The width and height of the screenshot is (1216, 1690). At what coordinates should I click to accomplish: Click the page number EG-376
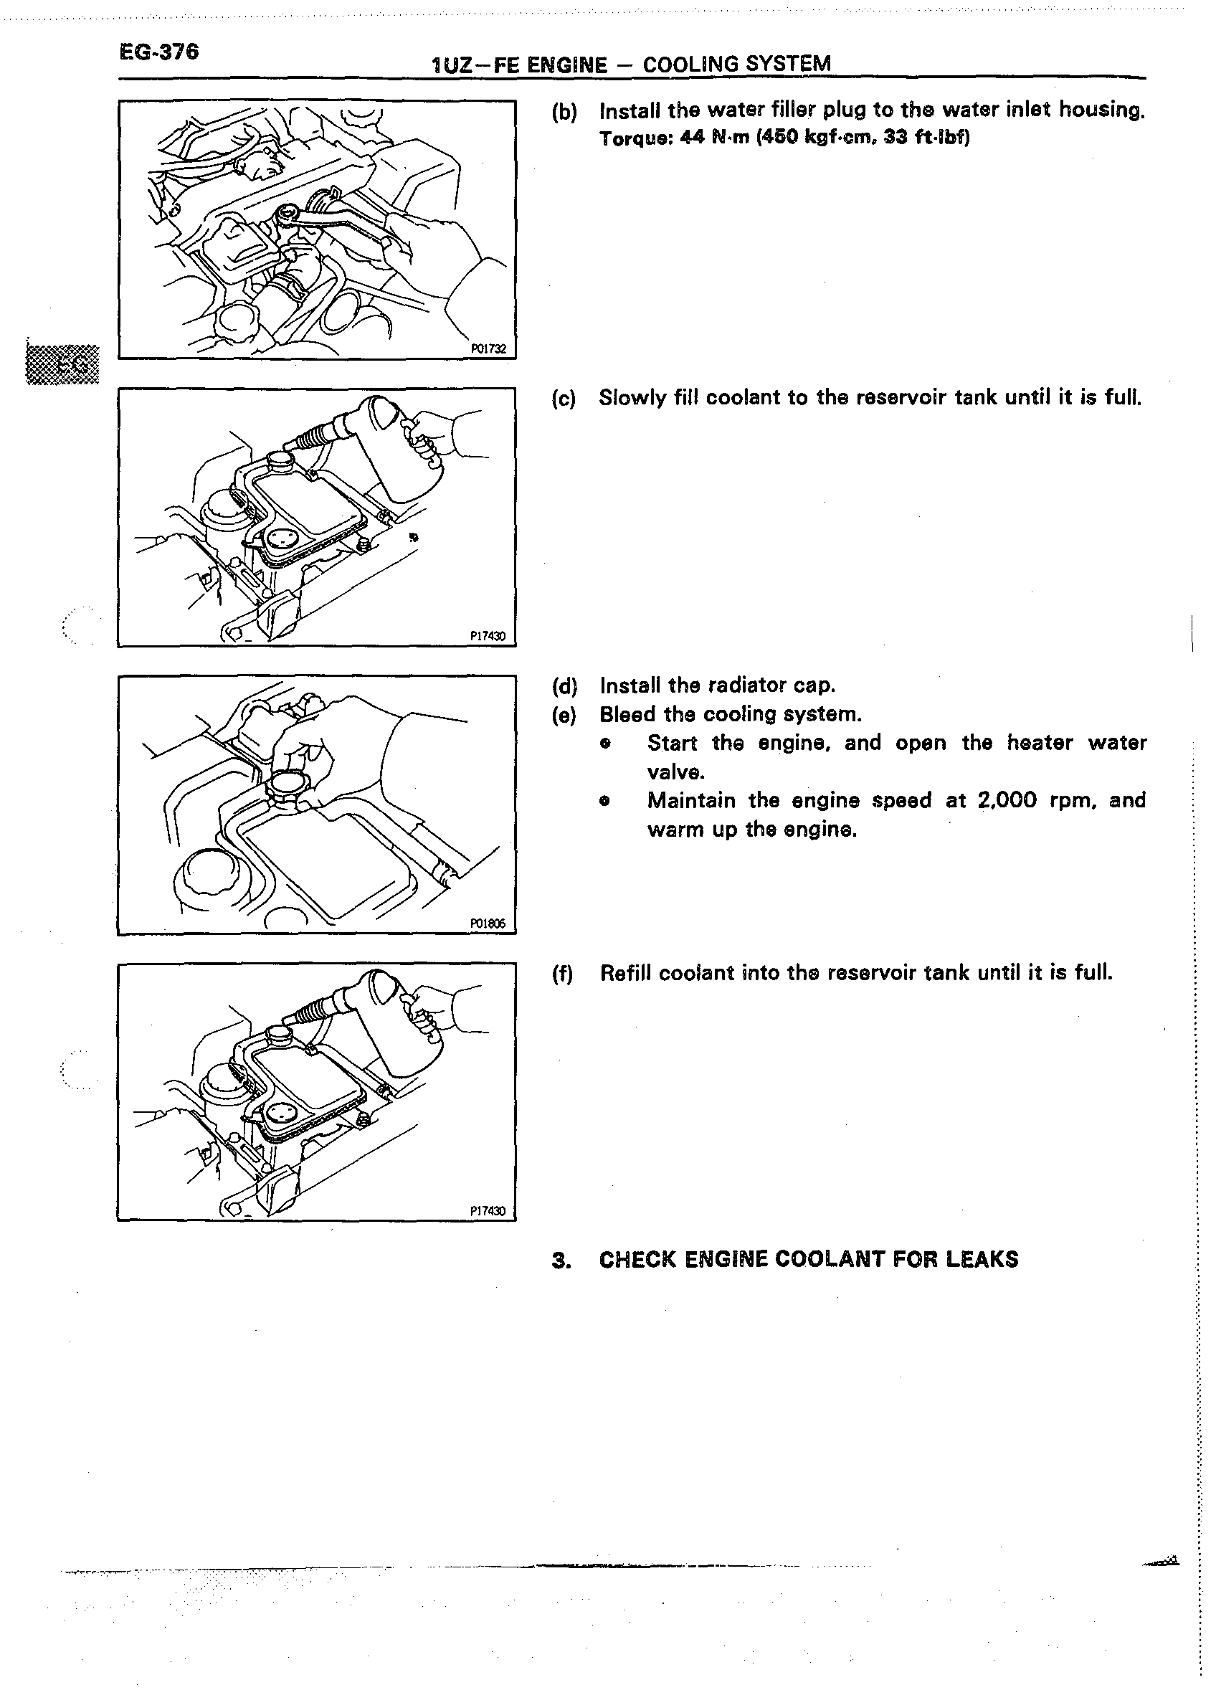[158, 52]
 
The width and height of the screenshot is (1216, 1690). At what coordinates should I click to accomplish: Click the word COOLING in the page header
[690, 64]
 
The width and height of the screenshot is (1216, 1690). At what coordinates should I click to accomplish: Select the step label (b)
[564, 112]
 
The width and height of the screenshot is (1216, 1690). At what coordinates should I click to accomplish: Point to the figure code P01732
[488, 348]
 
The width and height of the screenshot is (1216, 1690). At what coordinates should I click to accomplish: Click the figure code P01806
[488, 924]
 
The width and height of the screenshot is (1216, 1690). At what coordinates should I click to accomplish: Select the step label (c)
[564, 399]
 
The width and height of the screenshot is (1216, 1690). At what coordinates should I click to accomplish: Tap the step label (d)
[564, 685]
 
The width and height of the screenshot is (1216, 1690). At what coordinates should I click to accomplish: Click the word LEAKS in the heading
[982, 1259]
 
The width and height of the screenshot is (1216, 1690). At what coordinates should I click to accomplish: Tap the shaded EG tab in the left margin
[63, 364]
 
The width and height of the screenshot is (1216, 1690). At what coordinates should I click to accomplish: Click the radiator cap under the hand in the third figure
[287, 786]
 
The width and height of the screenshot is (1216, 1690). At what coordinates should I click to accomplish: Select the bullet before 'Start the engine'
[606, 744]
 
